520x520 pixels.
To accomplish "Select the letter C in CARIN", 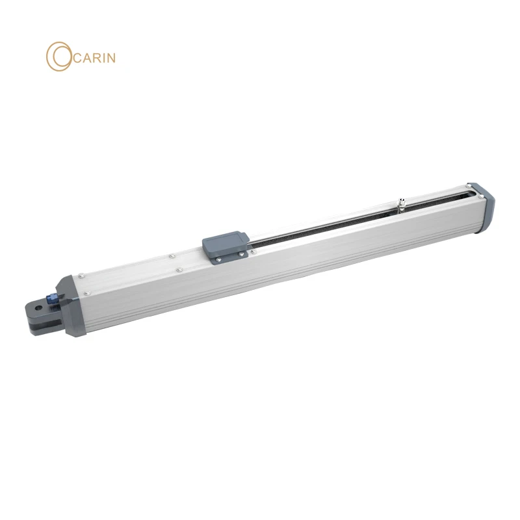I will [x=73, y=58].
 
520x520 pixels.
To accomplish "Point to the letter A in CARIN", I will [x=84, y=58].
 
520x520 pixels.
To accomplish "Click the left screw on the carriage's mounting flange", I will [x=219, y=260].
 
